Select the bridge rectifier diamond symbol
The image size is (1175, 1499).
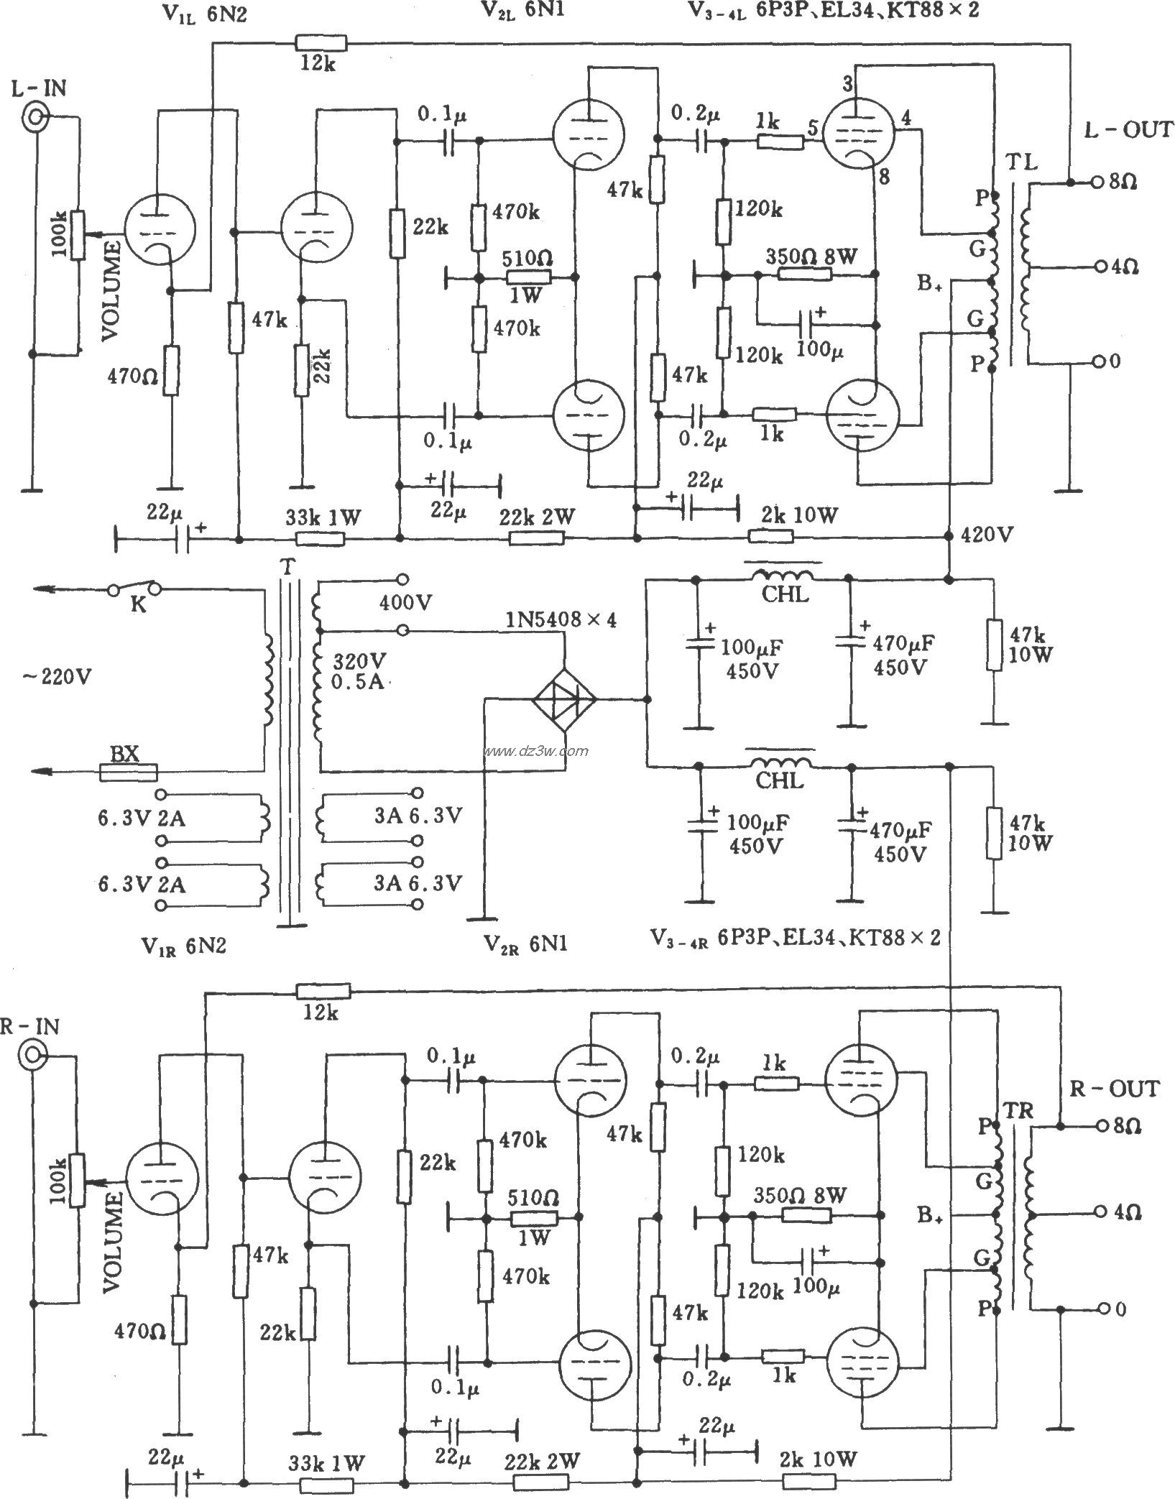564,698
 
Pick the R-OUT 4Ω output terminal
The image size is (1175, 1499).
1097,1212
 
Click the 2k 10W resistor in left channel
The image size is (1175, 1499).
770,536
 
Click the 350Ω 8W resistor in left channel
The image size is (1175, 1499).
806,274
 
